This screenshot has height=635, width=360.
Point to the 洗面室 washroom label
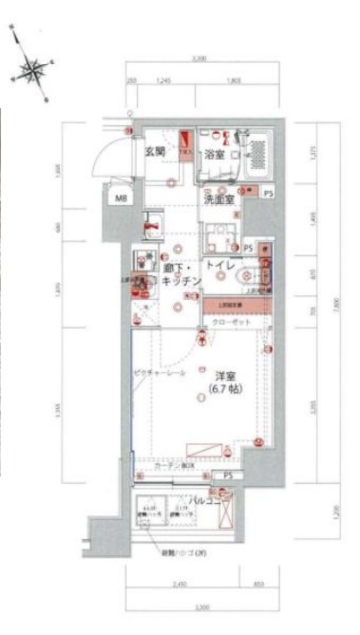point(219,199)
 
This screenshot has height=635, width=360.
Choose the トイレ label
point(220,266)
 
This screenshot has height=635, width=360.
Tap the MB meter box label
point(122,199)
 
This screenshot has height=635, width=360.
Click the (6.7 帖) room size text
point(225,390)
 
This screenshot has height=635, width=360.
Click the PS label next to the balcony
point(227,476)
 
